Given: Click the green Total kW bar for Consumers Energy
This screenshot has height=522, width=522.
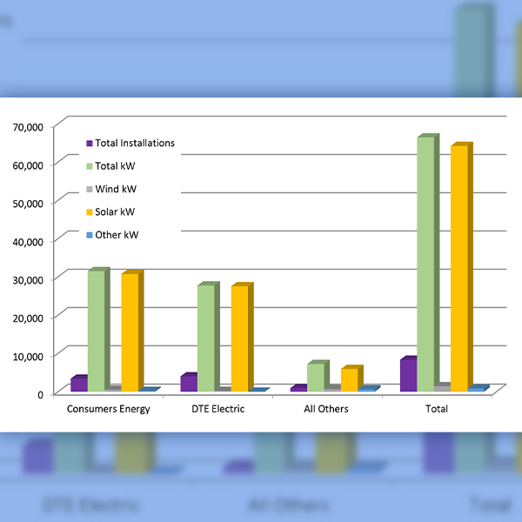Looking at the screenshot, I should click(x=97, y=331).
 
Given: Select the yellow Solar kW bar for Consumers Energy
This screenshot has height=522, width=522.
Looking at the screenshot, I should click(x=130, y=332).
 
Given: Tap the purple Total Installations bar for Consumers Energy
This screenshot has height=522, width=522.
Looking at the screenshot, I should click(x=78, y=384).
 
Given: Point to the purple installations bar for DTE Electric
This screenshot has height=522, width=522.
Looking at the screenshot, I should click(x=187, y=383).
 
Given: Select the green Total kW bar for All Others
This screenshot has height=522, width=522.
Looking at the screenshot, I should click(x=316, y=377).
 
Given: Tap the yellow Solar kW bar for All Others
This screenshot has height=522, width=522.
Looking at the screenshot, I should click(x=349, y=379).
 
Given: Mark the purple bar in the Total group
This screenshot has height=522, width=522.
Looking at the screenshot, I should click(x=407, y=374).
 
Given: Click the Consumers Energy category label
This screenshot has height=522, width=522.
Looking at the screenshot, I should click(x=109, y=409).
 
